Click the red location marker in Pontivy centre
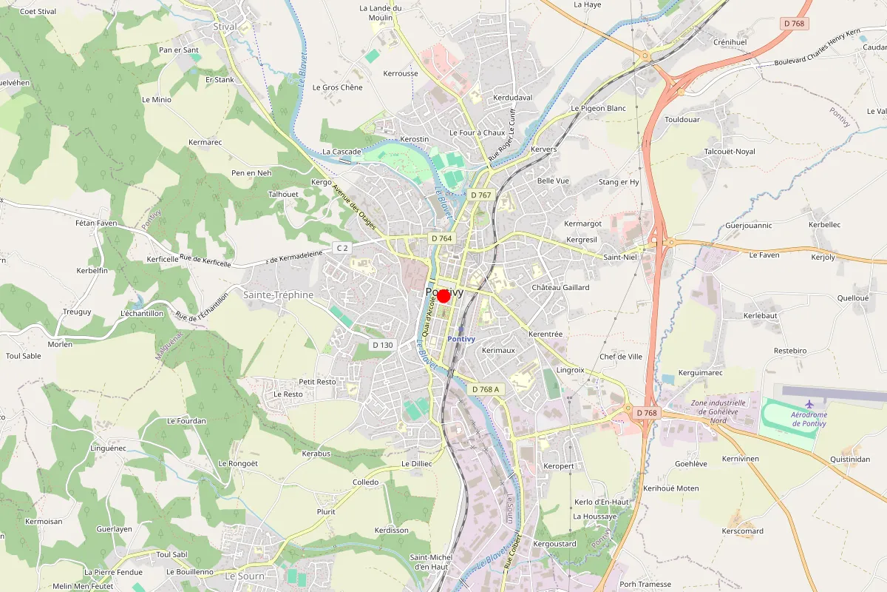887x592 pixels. (443, 296)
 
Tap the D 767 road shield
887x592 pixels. (480, 195)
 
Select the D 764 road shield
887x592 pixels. (441, 238)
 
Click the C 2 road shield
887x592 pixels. (341, 248)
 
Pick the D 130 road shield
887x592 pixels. (382, 345)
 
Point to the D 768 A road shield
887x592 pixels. (486, 389)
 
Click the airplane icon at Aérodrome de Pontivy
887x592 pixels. (809, 403)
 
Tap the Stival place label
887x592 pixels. (225, 27)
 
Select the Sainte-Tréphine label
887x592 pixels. (279, 295)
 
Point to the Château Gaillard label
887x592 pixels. (561, 287)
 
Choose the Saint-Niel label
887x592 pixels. (620, 258)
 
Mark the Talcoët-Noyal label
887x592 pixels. (730, 151)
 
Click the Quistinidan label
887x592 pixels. (849, 459)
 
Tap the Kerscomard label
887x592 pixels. (743, 531)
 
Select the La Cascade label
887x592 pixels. (341, 152)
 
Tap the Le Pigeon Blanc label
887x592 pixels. (598, 108)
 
